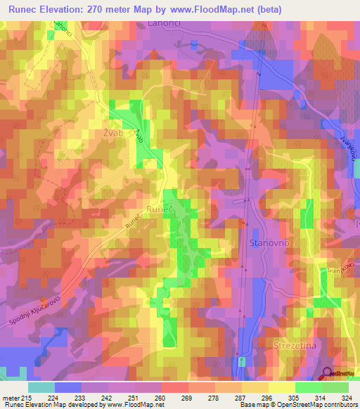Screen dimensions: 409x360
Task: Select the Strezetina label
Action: click(x=293, y=346)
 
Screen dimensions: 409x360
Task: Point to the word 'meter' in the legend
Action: click(x=11, y=398)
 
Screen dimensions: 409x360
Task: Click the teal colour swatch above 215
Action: click(x=41, y=387)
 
